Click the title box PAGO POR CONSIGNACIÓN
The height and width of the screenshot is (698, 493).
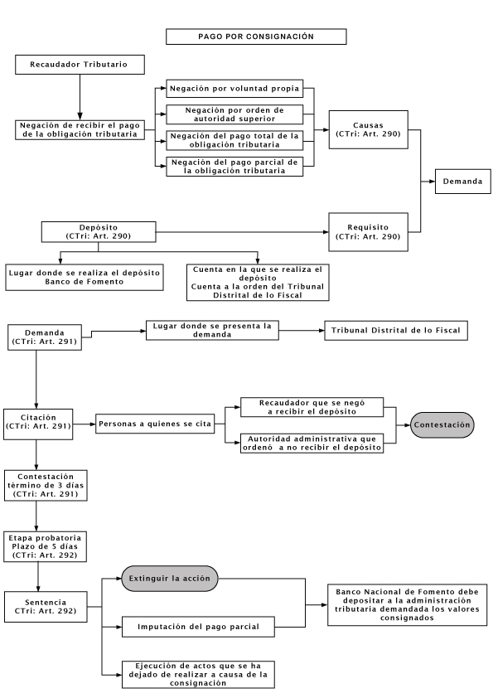[x=256, y=36]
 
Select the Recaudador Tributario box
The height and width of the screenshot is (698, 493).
[x=80, y=65]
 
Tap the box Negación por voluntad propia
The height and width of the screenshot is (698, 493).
[x=234, y=88]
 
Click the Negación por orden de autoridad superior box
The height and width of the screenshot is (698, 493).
[x=234, y=114]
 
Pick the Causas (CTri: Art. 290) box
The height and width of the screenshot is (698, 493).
[x=368, y=129]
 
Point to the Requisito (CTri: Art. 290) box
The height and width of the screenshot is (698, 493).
[x=368, y=232]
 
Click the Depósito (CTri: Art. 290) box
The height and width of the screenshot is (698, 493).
[x=99, y=232]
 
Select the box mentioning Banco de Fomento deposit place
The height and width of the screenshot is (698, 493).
[x=84, y=278]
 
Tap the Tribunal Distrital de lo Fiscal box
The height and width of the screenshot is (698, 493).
[x=395, y=330]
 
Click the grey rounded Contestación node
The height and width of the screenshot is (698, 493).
[x=442, y=424]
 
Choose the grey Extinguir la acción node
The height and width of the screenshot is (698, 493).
[x=170, y=579]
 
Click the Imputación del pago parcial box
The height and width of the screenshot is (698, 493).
[x=198, y=627]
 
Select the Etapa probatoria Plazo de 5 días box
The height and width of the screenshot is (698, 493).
[x=45, y=546]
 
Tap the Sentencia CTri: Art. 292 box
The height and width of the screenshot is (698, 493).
[x=46, y=607]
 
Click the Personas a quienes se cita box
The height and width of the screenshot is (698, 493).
[x=155, y=424]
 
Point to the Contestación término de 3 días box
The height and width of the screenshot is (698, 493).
[x=46, y=485]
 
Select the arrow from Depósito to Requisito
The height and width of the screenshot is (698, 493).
[x=243, y=232]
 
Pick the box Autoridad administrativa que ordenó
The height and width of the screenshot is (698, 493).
[x=312, y=444]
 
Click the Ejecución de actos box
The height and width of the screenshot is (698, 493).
[x=198, y=675]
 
